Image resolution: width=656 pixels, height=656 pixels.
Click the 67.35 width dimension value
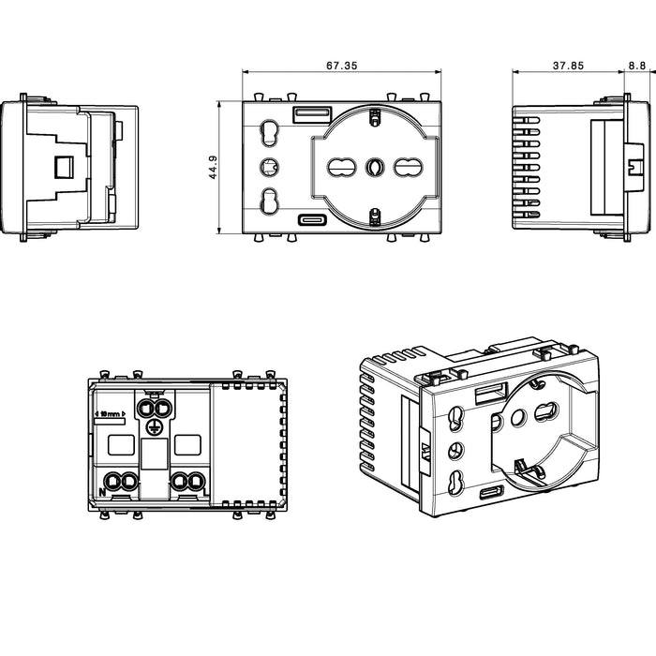point(342,66)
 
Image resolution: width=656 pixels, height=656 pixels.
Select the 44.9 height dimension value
point(213,168)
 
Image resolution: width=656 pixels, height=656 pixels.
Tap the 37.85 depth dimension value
point(568,66)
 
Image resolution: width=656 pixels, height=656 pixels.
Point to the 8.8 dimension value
point(637,66)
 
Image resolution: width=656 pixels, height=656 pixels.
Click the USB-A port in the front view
point(312,114)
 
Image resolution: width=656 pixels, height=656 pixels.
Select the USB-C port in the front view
point(312,220)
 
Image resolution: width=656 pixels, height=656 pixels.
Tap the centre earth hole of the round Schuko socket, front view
point(374,168)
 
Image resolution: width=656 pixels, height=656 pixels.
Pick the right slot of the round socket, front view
point(408,168)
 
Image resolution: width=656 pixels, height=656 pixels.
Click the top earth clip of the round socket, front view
point(375,117)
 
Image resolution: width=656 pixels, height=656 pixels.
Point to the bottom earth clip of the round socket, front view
point(375,217)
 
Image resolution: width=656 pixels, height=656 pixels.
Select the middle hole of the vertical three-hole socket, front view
point(269,168)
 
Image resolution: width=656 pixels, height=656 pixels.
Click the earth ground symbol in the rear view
point(153,426)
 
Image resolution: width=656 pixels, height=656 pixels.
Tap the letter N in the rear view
point(102,492)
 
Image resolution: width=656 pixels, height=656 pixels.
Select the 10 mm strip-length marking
point(110,414)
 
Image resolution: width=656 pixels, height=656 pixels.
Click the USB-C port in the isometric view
point(492,492)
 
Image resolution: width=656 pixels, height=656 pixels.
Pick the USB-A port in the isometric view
point(492,394)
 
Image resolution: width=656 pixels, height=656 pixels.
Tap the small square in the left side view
point(64,167)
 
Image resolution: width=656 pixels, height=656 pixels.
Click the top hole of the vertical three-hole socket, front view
point(269,133)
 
